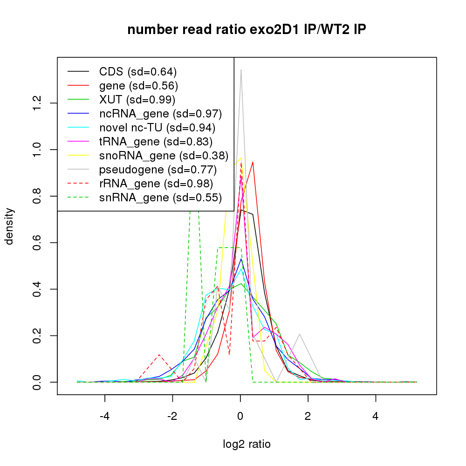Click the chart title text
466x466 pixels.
(247, 30)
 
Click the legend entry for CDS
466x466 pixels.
(138, 72)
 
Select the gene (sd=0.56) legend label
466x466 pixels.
(138, 86)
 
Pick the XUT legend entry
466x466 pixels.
(137, 100)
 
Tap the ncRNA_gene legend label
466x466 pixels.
(160, 114)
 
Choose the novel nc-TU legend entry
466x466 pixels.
(157, 128)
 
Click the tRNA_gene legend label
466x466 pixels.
(156, 142)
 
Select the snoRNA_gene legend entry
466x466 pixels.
(164, 156)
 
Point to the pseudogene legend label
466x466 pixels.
(158, 170)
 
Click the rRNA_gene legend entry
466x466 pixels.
(156, 184)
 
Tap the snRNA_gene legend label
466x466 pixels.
(160, 198)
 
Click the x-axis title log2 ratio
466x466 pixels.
(247, 444)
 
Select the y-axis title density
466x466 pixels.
(10, 226)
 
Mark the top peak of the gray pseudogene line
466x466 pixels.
(241, 70)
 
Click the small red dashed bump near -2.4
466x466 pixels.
(159, 355)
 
